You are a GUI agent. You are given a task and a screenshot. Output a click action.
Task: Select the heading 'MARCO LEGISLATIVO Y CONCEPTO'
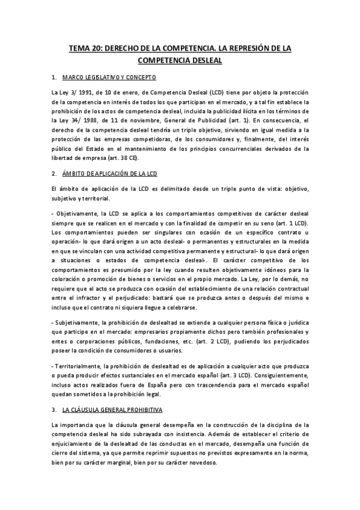pyautogui.click(x=113, y=77)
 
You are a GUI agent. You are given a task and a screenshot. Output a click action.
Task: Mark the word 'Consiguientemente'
pyautogui.click(x=274, y=375)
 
